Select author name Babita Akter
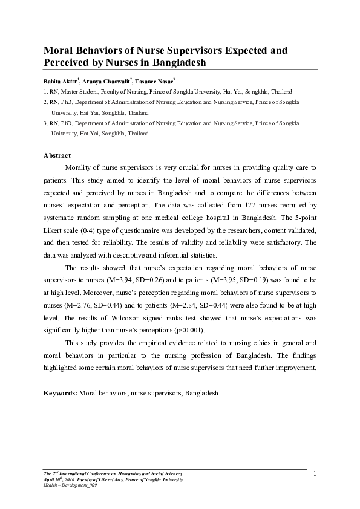(64, 80)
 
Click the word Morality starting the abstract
(82, 167)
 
